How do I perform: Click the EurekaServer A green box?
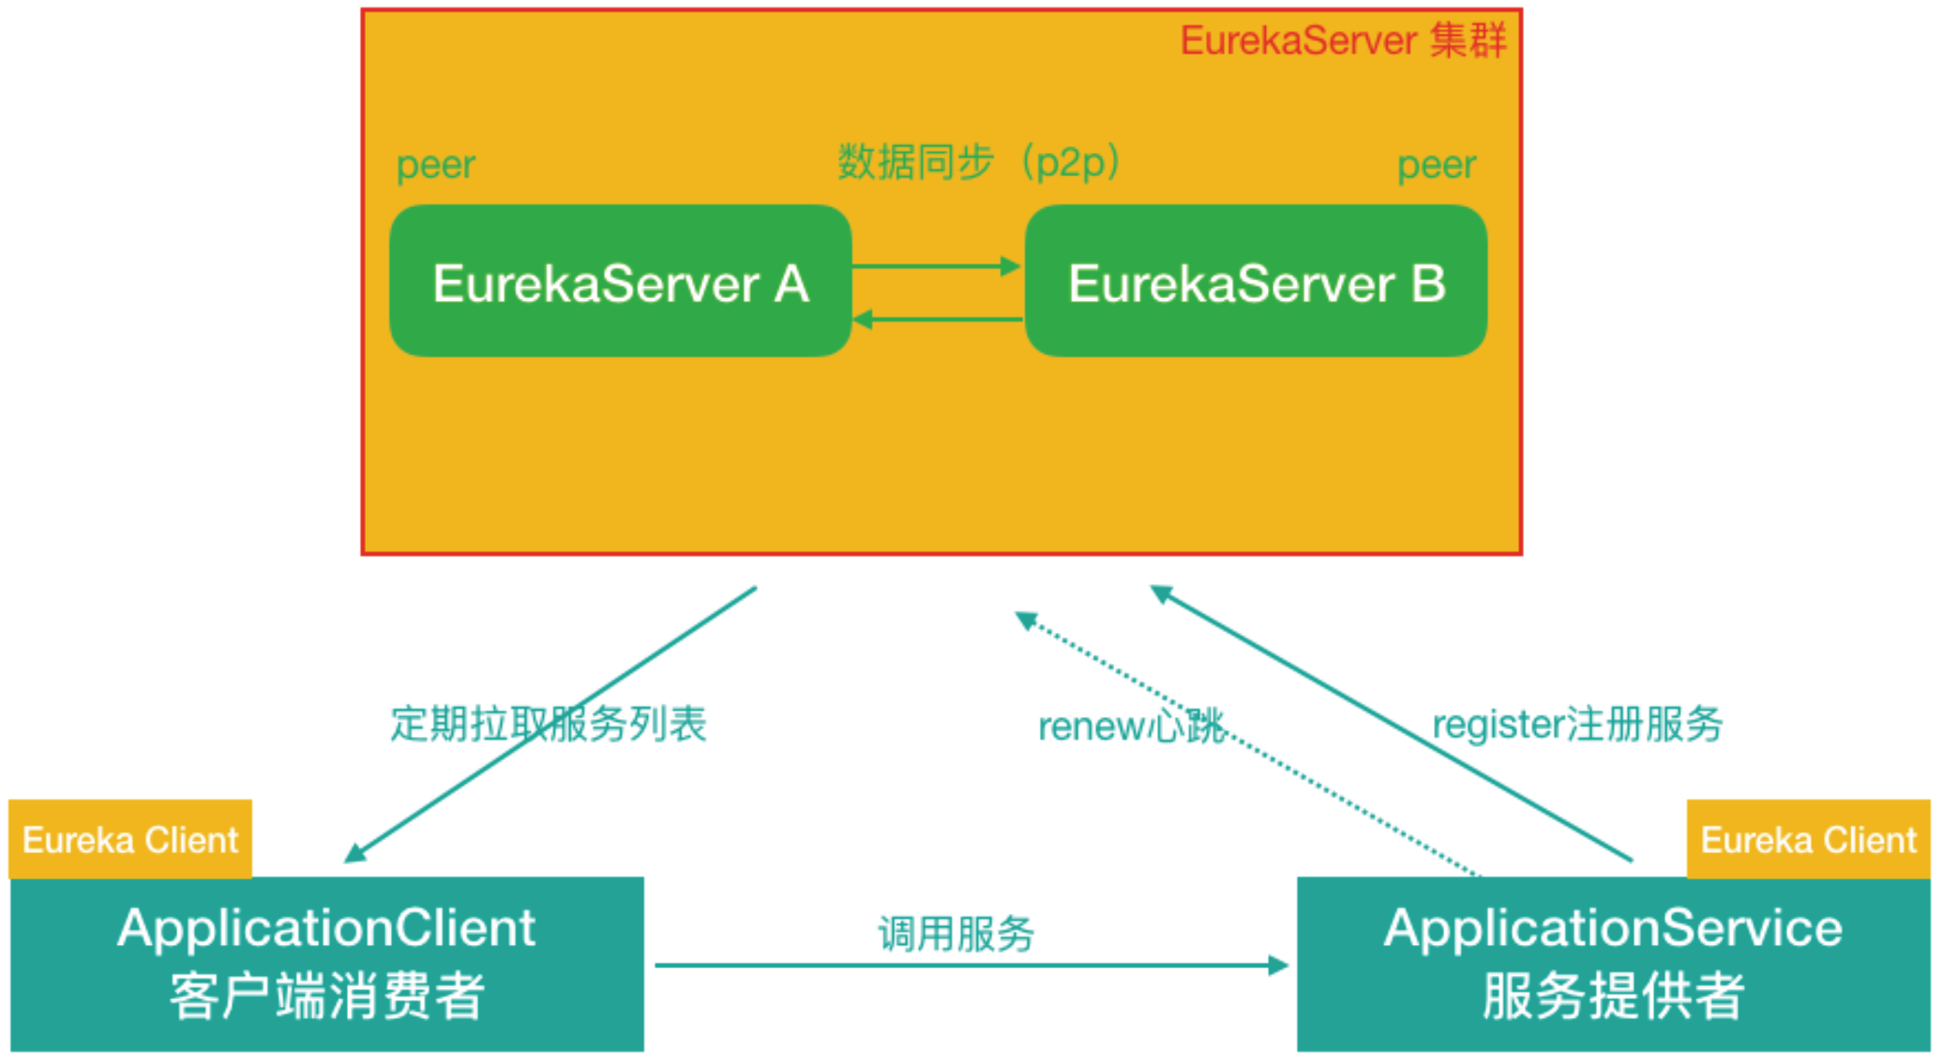point(620,281)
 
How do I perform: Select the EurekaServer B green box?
point(1256,281)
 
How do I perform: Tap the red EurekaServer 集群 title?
point(1342,41)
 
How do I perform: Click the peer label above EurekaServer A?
point(435,165)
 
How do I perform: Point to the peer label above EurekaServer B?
point(1436,165)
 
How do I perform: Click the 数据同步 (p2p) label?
point(978,161)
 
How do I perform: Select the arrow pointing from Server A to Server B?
point(936,266)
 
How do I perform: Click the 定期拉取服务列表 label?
point(548,724)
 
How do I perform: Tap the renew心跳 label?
point(1130,726)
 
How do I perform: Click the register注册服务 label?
point(1576,724)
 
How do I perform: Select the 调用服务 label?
point(956,934)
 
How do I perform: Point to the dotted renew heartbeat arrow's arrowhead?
point(1026,621)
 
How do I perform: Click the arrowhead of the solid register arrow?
point(1162,594)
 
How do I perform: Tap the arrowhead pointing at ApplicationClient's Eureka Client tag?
point(355,852)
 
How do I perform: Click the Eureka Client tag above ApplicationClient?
point(130,840)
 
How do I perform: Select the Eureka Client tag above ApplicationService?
point(1808,840)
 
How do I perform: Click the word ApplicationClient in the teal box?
point(326,928)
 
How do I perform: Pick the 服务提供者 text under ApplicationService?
point(1613,996)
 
